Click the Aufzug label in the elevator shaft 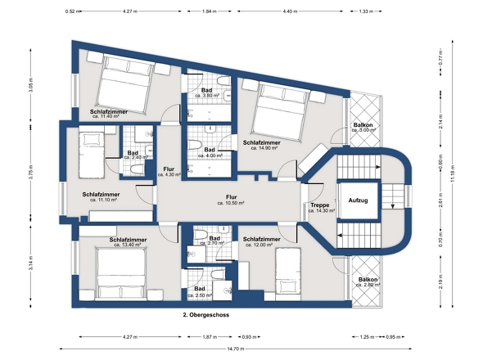358,200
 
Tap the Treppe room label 320,205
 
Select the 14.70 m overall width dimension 236,349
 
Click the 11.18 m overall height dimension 453,174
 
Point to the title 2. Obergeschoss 206,315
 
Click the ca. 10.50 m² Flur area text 231,203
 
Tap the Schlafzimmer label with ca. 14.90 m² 261,143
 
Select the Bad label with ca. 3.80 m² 206,91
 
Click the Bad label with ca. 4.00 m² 210,150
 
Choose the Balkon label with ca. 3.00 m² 363,125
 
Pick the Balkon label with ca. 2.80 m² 368,280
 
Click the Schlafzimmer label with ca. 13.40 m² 128,240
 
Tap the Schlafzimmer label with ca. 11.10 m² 101,195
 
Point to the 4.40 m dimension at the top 290,11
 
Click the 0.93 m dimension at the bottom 249,337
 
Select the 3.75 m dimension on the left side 31,173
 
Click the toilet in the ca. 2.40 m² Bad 137,169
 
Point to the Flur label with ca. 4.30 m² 169,169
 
